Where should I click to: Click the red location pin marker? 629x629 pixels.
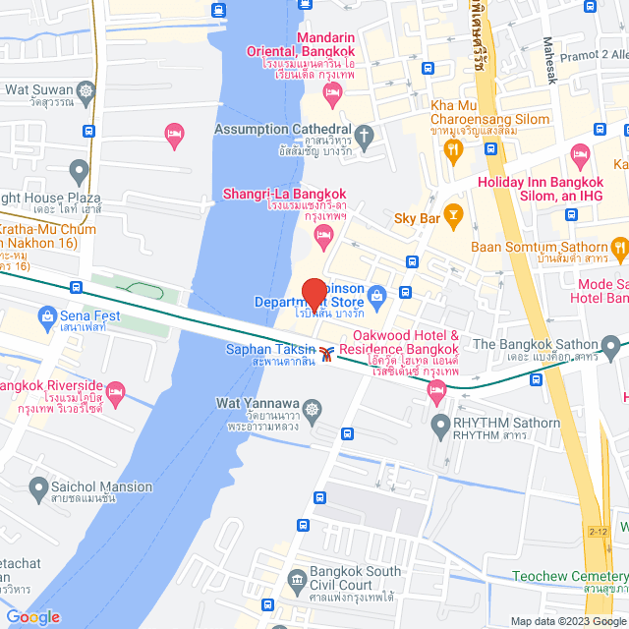point(314,295)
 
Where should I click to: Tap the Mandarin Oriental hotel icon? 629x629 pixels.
point(332,95)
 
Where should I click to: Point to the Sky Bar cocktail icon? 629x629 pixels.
point(453,212)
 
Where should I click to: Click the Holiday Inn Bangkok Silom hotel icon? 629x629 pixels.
point(581,155)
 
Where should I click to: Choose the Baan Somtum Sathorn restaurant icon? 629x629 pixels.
point(618,246)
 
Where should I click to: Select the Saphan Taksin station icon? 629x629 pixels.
point(326,350)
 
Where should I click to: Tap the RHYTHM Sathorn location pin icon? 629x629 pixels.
point(439,424)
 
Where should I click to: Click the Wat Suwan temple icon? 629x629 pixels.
point(86,90)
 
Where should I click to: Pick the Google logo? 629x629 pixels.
point(32,616)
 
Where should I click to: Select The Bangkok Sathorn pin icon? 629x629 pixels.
point(611,345)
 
